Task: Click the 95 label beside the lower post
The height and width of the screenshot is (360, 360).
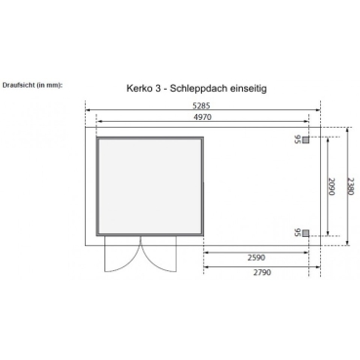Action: pyautogui.click(x=297, y=232)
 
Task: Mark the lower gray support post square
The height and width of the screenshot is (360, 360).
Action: pyautogui.click(x=306, y=232)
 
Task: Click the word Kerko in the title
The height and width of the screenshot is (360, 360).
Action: pyautogui.click(x=142, y=88)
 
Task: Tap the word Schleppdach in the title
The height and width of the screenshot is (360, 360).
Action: pyautogui.click(x=205, y=88)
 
